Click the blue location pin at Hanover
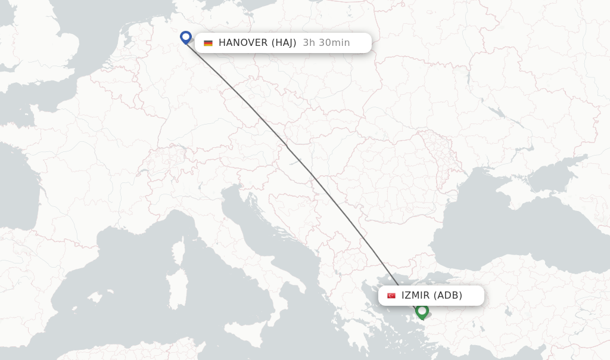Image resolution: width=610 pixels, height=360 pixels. (186, 38)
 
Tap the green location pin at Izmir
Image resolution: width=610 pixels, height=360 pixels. (422, 311)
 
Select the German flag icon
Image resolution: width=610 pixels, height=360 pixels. (208, 43)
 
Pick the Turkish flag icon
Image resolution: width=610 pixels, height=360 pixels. (391, 296)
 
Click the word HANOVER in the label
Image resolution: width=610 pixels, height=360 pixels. (242, 43)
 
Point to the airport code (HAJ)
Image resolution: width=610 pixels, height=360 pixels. (284, 43)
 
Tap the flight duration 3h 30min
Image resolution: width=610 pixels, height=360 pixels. (326, 43)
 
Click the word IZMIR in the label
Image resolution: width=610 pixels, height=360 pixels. (415, 296)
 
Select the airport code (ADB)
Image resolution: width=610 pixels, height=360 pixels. (447, 296)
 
